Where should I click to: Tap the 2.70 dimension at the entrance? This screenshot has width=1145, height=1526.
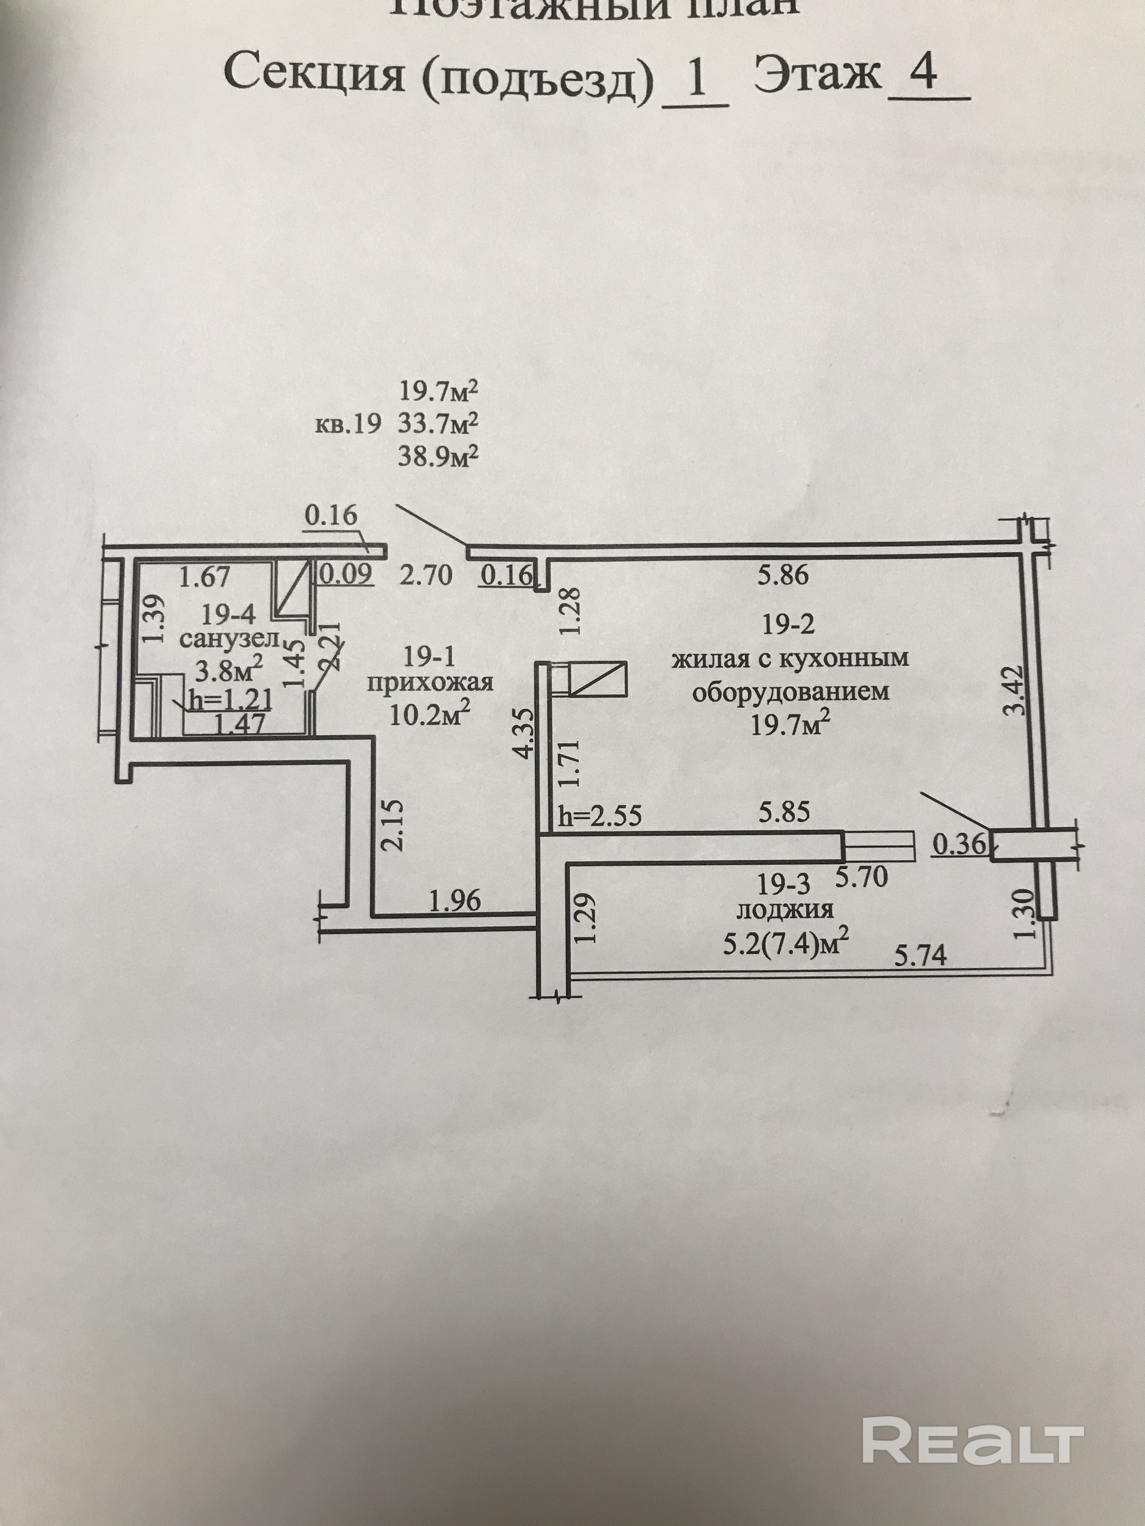426,575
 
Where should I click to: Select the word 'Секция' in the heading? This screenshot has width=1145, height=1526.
314,75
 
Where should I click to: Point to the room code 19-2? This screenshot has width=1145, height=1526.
788,624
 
